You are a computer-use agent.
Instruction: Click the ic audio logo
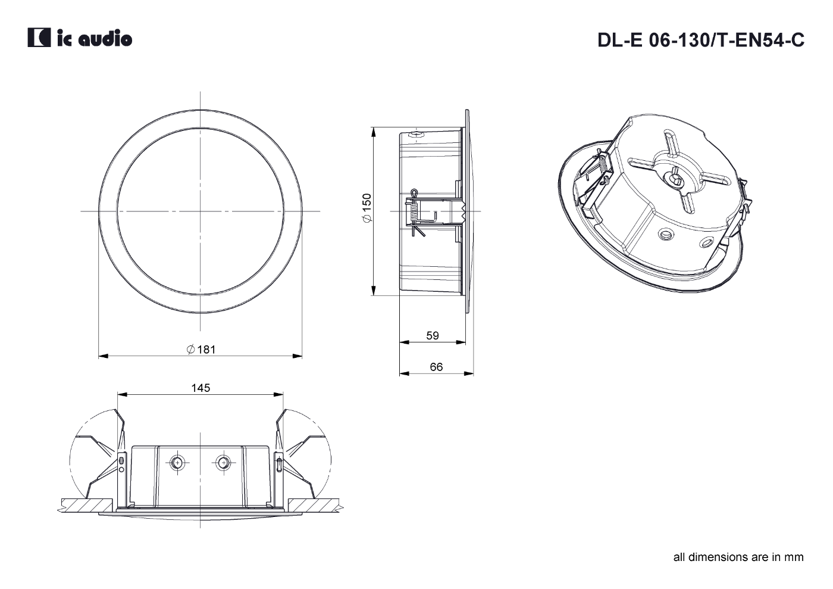coord(80,38)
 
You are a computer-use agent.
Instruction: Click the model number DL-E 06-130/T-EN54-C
coord(701,40)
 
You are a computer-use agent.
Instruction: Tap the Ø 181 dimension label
coord(201,350)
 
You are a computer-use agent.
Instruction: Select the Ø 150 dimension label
coord(367,208)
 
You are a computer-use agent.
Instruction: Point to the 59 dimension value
coord(433,336)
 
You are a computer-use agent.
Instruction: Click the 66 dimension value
coord(436,367)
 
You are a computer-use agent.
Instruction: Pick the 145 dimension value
coord(201,388)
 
